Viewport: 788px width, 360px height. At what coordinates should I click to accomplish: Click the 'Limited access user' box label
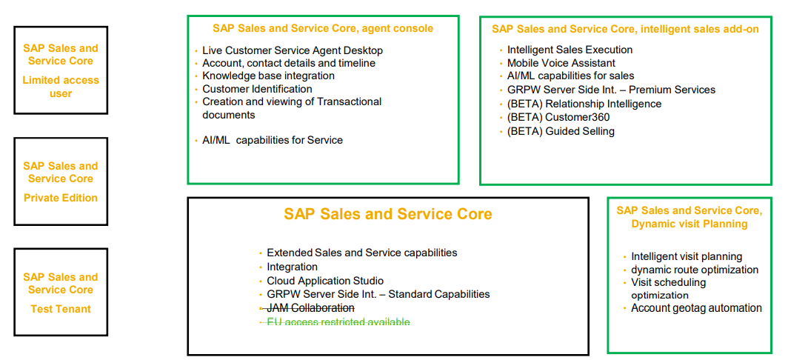61,87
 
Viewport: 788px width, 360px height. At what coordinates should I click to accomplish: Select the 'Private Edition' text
61,198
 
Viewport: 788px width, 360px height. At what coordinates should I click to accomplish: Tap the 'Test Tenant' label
61,309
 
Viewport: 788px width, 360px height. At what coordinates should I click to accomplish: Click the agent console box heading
323,28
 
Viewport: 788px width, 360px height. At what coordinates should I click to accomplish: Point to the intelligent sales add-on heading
625,29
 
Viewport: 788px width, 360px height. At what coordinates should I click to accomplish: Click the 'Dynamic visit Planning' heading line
689,224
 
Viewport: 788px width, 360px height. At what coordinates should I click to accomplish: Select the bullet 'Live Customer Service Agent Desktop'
293,50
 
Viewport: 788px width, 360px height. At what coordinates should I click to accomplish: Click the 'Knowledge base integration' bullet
268,76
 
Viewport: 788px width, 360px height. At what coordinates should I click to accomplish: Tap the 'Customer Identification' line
257,89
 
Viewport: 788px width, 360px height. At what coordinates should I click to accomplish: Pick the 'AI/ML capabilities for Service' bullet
273,140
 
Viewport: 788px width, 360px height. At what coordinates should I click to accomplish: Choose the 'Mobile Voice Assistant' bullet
561,63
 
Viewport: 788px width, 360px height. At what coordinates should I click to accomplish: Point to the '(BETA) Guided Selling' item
561,132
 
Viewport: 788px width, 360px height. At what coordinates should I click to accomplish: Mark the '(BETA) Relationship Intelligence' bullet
584,104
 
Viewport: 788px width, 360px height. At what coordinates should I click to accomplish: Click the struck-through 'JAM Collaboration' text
310,307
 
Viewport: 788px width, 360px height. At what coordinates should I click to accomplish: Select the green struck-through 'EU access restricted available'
338,321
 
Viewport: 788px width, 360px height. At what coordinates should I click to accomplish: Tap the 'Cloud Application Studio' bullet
325,281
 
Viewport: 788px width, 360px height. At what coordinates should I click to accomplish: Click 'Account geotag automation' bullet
696,308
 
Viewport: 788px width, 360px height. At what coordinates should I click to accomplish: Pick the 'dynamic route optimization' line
695,270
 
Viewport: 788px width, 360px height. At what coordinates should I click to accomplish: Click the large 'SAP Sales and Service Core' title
388,214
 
